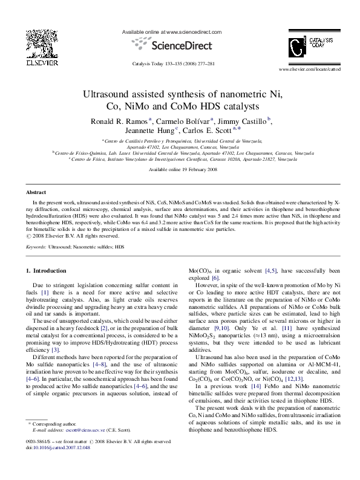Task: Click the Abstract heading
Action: coord(36,192)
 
